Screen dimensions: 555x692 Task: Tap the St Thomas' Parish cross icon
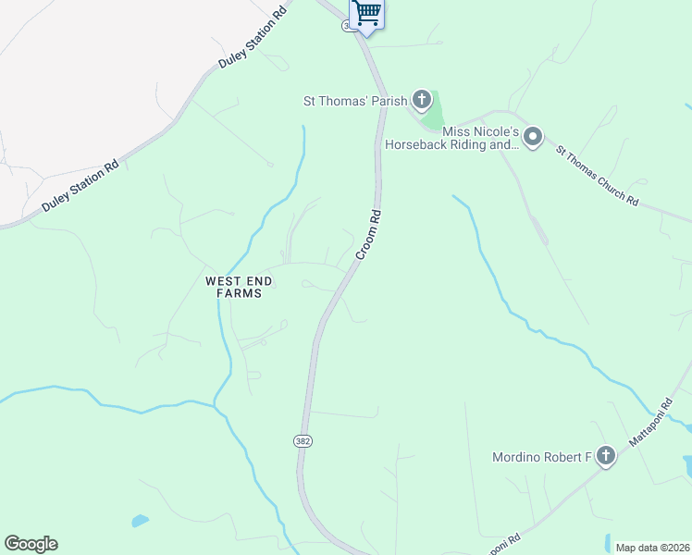point(422,99)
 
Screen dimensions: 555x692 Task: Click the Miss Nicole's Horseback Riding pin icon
point(532,138)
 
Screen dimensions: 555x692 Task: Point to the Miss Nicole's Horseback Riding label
point(452,138)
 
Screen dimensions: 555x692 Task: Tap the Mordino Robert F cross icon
point(606,455)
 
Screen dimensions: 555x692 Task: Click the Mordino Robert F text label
point(541,457)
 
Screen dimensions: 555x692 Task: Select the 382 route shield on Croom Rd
point(303,441)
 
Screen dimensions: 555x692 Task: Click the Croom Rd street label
point(369,233)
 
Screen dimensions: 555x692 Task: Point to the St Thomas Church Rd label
point(597,175)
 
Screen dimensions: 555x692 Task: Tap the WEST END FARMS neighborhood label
point(234,286)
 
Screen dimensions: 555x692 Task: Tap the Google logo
point(31,544)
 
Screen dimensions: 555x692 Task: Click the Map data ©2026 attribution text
point(652,548)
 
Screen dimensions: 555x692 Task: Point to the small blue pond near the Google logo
point(140,521)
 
